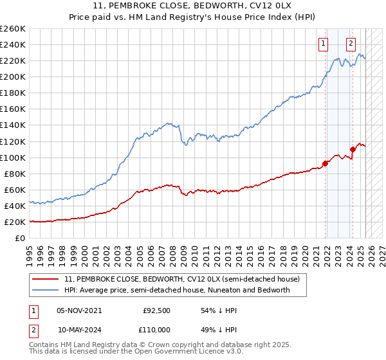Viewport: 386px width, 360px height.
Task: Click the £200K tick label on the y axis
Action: [x=13, y=76]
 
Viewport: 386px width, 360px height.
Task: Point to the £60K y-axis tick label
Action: [x=15, y=190]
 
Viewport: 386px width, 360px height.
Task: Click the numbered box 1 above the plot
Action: [x=322, y=44]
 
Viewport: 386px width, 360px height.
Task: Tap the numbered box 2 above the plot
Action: [x=351, y=44]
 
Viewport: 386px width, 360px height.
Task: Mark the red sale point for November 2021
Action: [x=326, y=163]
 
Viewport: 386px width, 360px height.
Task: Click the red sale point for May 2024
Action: [x=353, y=149]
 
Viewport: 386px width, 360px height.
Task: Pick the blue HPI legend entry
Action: [x=178, y=290]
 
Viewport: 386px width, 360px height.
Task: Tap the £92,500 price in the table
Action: [x=156, y=310]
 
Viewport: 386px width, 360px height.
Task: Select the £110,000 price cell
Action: [x=156, y=329]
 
